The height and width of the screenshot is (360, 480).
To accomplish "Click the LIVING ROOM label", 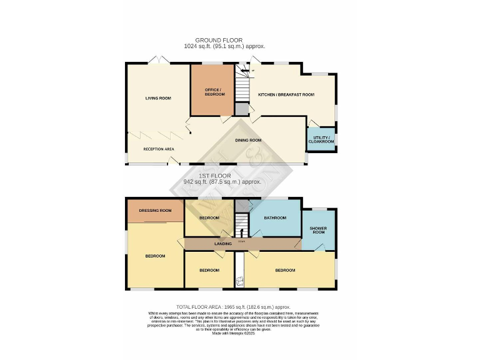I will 158,98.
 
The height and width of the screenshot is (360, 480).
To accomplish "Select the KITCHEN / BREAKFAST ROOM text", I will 286,94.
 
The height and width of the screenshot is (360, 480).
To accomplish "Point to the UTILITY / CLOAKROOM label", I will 321,139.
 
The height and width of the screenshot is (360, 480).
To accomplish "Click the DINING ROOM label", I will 248,140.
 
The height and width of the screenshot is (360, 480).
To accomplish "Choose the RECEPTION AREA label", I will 158,149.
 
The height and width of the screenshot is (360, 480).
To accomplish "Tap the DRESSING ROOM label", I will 155,211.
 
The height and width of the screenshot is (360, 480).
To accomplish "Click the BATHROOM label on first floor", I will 275,217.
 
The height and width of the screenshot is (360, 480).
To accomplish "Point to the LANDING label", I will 223,243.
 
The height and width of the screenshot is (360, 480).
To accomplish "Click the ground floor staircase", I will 242,82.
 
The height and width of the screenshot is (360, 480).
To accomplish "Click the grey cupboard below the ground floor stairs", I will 242,109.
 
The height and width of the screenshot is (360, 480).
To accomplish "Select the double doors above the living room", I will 158,59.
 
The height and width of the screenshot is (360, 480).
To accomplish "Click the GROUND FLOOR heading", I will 218,40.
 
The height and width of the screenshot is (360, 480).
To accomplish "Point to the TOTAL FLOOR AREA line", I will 233,307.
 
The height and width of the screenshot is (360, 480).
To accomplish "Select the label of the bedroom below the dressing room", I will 155,256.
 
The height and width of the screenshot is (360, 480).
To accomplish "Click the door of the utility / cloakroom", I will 311,123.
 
